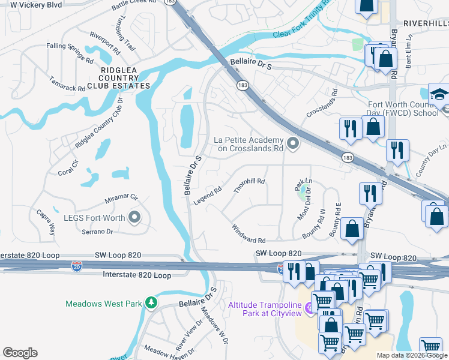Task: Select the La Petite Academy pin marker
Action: pos(293,143)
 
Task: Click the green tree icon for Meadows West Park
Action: pos(152,303)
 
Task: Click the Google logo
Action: pos(20,353)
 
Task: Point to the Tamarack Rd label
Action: pos(67,83)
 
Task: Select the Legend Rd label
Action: pos(208,196)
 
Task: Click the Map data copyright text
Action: pos(412,355)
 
